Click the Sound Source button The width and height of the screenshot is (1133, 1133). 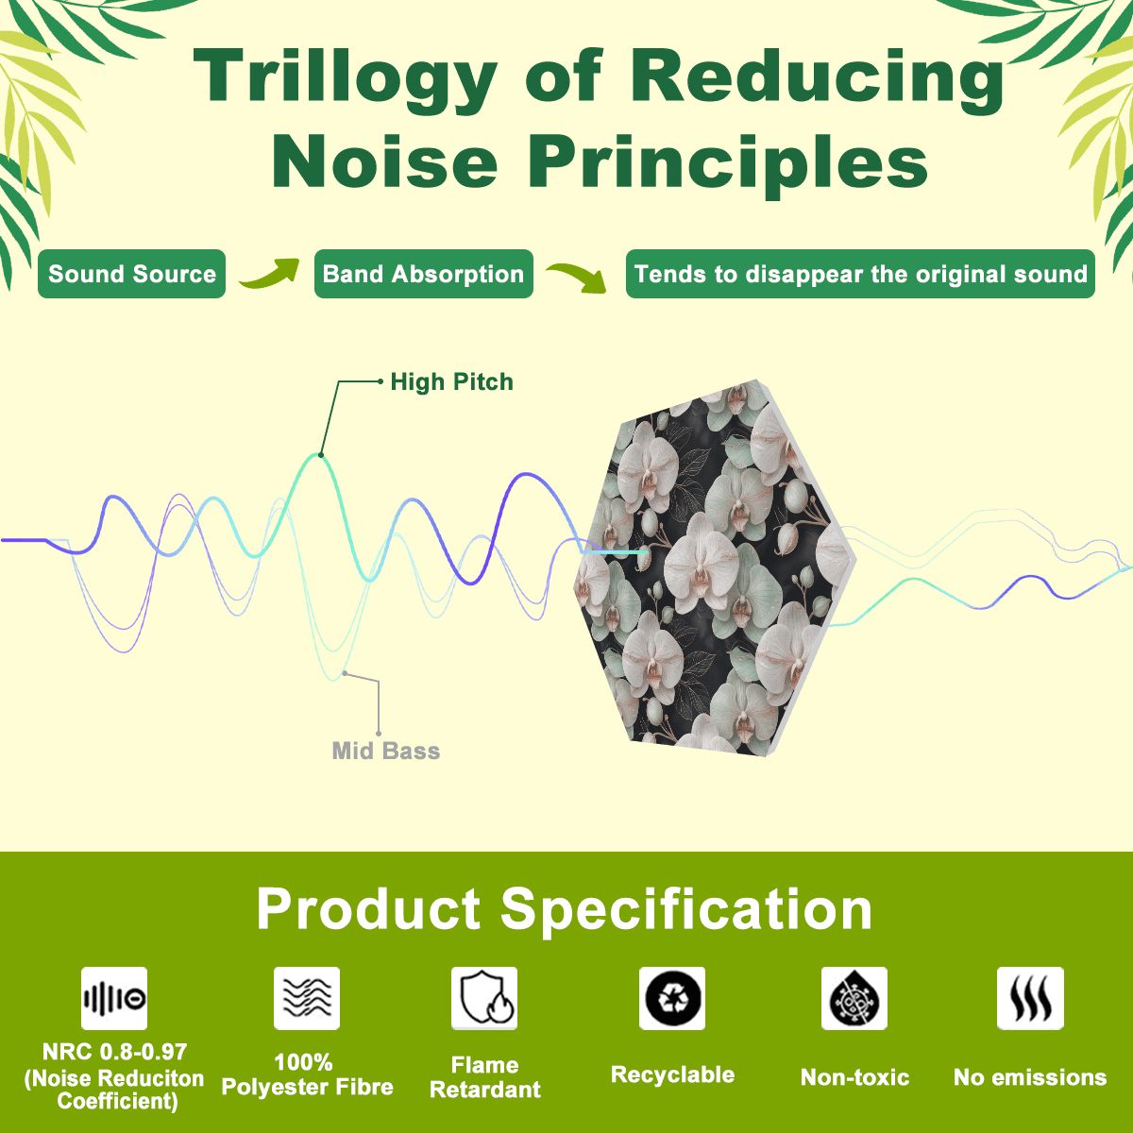[131, 274]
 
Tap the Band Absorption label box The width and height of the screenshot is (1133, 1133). [423, 274]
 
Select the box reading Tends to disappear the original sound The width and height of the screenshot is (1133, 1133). [860, 274]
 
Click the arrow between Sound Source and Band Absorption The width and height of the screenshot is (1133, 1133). [269, 274]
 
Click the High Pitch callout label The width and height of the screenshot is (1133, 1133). [451, 382]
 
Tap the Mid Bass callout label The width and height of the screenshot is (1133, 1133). [386, 751]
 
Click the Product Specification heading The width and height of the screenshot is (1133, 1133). [565, 908]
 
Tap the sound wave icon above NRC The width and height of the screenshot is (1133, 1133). [114, 998]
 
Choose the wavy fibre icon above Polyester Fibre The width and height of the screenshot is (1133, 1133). [306, 998]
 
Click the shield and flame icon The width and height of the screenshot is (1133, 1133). [484, 998]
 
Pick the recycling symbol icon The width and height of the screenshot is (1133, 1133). [672, 998]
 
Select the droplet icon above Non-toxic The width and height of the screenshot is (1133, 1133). [854, 998]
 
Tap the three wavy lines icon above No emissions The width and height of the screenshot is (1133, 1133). [1030, 998]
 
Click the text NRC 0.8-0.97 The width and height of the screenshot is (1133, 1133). [114, 1052]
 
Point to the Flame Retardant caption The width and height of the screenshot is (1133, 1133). [485, 1077]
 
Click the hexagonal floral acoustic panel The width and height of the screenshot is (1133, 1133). [715, 567]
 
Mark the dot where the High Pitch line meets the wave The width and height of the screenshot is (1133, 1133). [320, 454]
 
